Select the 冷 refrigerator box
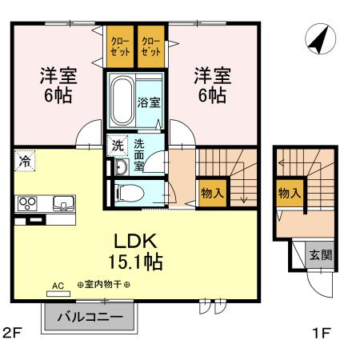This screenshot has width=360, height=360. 24,162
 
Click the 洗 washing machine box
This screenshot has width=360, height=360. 117,146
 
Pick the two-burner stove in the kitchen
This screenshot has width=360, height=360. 27,202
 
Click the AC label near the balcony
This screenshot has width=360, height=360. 58,284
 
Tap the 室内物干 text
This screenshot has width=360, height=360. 103,284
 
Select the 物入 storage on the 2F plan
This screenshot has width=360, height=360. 212,194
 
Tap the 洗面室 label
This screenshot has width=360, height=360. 139,154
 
